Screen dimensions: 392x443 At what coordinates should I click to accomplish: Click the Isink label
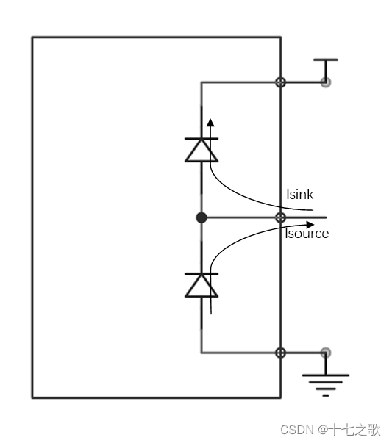pos(300,195)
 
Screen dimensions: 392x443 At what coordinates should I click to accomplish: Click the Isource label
pos(307,234)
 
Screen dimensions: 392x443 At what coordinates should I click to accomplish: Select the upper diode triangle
pos(202,151)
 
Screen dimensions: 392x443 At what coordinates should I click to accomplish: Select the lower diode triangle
pos(202,286)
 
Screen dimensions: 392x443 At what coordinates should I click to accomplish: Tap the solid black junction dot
pos(202,217)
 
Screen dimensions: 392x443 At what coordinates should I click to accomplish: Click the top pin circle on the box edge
pos(280,82)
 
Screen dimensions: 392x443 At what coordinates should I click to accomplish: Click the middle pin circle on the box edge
pos(280,217)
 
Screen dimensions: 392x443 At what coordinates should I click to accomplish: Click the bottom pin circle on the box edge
pos(280,353)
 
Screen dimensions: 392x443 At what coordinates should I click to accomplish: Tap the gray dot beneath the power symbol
pos(326,82)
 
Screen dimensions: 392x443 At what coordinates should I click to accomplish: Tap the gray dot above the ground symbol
pos(326,353)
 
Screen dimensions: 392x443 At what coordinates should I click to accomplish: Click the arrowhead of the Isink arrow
pos(210,123)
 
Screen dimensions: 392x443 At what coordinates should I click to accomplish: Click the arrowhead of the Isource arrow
pos(310,225)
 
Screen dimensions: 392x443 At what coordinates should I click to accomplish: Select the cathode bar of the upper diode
pos(202,138)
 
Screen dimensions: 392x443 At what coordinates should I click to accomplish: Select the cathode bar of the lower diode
pos(202,274)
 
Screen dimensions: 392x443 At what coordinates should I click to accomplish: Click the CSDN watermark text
pos(297,430)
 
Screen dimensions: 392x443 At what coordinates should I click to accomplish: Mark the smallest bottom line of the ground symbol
pos(326,395)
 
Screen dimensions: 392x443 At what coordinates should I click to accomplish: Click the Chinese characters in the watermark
pos(355,430)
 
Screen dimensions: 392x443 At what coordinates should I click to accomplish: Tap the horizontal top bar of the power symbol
pos(326,60)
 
